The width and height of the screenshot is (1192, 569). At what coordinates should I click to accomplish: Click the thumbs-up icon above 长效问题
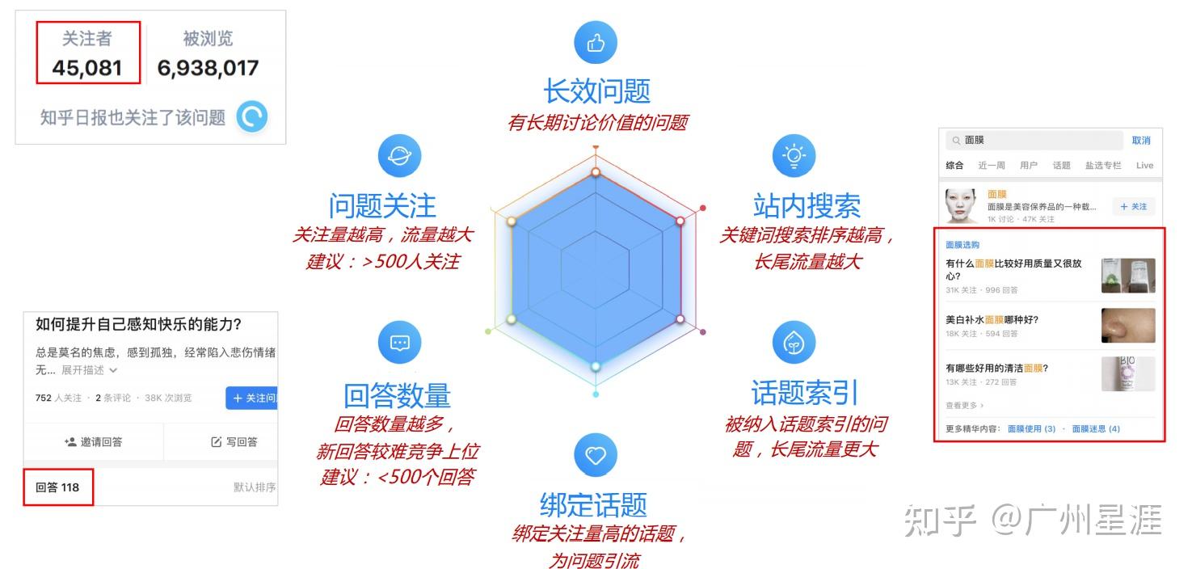596,43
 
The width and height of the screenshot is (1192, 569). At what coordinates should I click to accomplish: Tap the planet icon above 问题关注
399,156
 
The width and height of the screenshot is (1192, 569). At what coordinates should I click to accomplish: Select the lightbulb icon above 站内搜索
794,156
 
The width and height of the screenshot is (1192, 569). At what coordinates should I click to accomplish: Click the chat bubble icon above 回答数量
399,343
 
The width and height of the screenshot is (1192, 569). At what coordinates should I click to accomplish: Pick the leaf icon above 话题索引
794,343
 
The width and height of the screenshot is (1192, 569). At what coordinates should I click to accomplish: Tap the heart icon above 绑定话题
596,455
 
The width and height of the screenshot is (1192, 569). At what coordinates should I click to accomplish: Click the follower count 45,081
86,68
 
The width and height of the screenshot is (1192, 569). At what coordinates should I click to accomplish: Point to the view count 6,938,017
208,68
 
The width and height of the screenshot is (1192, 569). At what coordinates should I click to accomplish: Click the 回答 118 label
57,487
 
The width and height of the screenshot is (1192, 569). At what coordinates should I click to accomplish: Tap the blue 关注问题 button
252,398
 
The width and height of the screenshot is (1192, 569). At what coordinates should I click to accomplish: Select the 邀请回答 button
94,442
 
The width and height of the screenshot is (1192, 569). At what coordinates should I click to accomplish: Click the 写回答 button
234,442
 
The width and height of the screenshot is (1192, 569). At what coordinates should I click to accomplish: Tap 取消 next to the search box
1140,141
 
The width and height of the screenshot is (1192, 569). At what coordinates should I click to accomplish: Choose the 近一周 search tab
991,166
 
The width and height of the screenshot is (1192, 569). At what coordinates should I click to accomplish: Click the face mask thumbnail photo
962,205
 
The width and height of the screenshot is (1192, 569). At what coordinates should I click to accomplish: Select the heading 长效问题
596,91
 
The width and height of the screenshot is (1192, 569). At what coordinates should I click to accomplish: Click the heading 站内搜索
807,206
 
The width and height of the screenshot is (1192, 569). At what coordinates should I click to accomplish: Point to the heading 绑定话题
593,504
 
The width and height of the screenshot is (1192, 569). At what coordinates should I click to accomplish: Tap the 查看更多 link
964,406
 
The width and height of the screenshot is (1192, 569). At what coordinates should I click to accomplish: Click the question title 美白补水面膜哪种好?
992,320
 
